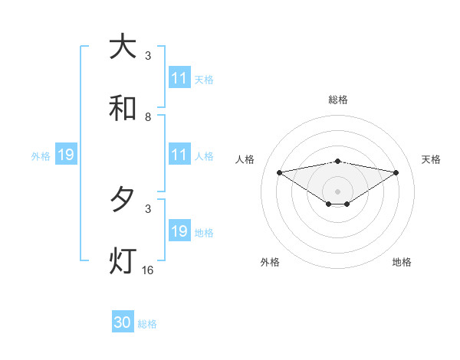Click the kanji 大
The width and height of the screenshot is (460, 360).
pyautogui.click(x=123, y=47)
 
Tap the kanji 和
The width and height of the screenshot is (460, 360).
pyautogui.click(x=123, y=109)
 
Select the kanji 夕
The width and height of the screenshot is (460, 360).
pyautogui.click(x=123, y=200)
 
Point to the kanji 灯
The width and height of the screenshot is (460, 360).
pyautogui.click(x=123, y=261)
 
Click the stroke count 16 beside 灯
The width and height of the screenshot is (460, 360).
pyautogui.click(x=148, y=270)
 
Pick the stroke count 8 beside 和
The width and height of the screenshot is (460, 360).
pyautogui.click(x=148, y=116)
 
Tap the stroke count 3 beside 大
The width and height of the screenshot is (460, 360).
pyautogui.click(x=148, y=55)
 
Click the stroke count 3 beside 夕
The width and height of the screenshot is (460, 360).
pyautogui.click(x=148, y=208)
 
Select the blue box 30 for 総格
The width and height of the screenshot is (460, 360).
pyautogui.click(x=123, y=322)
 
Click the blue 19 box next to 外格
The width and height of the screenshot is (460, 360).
pyautogui.click(x=65, y=155)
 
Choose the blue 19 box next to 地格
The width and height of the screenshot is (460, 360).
pyautogui.click(x=179, y=231)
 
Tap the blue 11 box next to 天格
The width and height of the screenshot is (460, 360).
pyautogui.click(x=179, y=78)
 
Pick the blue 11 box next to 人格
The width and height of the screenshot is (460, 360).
pyautogui.click(x=179, y=155)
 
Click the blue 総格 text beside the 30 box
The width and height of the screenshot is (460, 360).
pyautogui.click(x=147, y=324)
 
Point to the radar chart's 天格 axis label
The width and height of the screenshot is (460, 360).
pyautogui.click(x=431, y=159)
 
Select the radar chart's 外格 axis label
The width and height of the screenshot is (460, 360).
pyautogui.click(x=270, y=262)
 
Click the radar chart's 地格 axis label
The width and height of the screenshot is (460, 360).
pyautogui.click(x=402, y=262)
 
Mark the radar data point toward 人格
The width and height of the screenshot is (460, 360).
pyautogui.click(x=280, y=172)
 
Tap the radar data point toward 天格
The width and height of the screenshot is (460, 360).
pyautogui.click(x=396, y=172)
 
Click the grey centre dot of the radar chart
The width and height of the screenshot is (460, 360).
pyautogui.click(x=338, y=191)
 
